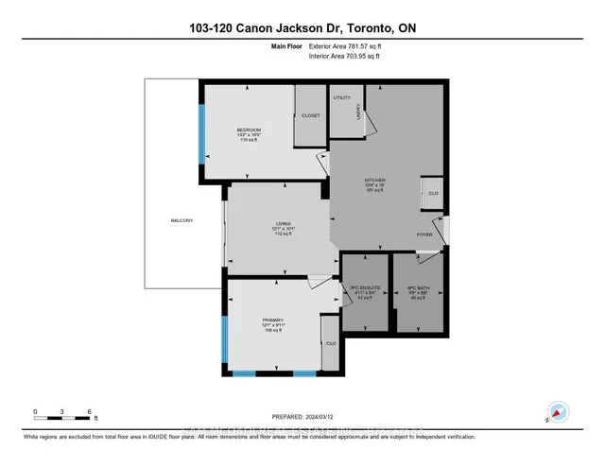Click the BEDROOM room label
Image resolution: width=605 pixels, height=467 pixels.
tap(249, 129)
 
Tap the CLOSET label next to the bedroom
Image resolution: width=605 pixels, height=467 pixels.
tap(310, 114)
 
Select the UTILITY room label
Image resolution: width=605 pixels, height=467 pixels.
tap(341, 97)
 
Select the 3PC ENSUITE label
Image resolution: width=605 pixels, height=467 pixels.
tap(364, 291)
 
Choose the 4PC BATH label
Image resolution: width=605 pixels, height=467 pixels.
tap(417, 291)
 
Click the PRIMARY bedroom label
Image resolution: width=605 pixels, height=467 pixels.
tap(273, 320)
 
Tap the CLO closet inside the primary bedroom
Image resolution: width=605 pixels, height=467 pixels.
tap(330, 343)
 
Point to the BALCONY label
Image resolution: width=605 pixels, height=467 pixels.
tap(181, 220)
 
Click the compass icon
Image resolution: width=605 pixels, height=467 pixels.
tap(557, 413)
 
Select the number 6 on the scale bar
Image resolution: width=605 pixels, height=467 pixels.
tap(89, 412)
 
